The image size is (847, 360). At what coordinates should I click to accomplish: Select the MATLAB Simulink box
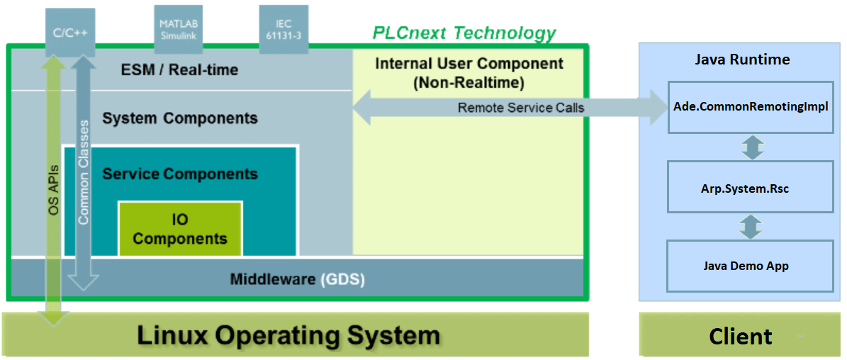click(178, 30)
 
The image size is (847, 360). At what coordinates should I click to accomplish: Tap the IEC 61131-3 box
click(284, 30)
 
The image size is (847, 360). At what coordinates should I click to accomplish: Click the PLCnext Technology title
click(464, 33)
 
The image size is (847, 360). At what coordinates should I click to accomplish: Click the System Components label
click(180, 118)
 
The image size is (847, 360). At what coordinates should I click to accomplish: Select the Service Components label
click(180, 174)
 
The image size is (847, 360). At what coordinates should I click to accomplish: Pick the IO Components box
click(180, 228)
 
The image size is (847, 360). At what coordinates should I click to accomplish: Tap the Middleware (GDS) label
click(298, 280)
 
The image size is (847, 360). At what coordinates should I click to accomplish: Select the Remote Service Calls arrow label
click(521, 108)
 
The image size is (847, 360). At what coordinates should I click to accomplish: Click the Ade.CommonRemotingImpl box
click(751, 107)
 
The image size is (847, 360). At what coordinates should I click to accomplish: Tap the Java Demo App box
click(751, 266)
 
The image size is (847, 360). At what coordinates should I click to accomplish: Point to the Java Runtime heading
click(742, 60)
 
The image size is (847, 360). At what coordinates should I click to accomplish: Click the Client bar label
click(741, 336)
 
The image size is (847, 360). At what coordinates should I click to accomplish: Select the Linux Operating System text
click(288, 335)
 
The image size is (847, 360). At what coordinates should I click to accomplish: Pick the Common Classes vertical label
click(83, 176)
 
